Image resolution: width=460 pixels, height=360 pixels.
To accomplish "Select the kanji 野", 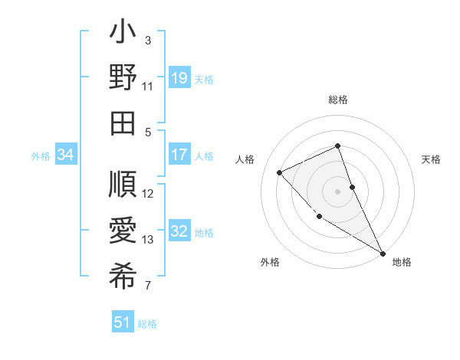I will click(123, 78).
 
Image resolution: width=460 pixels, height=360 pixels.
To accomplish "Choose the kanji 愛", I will click(123, 231).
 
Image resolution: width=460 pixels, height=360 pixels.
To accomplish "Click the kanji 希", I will click(123, 275).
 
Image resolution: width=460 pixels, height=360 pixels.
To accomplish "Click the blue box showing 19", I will click(179, 77).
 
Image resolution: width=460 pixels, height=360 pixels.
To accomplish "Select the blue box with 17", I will click(179, 155).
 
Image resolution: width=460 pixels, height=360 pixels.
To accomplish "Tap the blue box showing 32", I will click(179, 231).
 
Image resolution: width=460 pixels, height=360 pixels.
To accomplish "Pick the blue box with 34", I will click(66, 155).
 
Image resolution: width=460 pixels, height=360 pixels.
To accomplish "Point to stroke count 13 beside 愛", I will click(148, 240).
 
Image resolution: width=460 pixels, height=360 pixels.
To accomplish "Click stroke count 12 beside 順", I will click(148, 194).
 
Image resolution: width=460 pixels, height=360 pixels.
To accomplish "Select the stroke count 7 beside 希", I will click(148, 286).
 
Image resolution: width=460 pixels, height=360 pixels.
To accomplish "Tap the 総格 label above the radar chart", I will click(338, 100).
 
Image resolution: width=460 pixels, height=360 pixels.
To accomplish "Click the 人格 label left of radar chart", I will click(245, 159).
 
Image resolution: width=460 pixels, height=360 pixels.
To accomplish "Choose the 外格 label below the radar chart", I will click(270, 262).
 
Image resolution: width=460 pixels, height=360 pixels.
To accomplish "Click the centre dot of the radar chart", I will click(338, 191).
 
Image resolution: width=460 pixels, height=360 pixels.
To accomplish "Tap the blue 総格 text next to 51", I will click(147, 324).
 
